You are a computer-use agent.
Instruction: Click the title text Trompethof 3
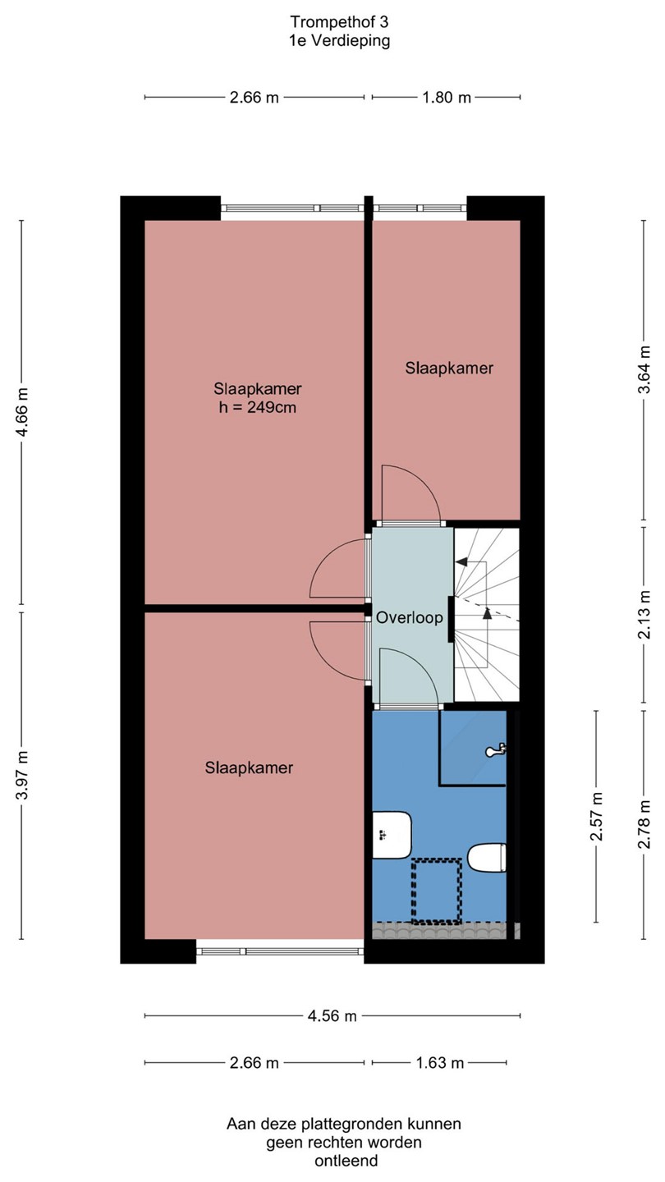[339, 22]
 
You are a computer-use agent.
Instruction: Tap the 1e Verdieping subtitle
[339, 41]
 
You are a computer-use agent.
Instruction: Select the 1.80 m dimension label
[447, 98]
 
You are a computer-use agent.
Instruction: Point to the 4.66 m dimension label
[22, 412]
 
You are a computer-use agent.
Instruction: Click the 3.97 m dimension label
[22, 775]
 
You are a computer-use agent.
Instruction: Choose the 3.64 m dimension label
[644, 369]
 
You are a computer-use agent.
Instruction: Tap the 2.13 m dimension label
[644, 615]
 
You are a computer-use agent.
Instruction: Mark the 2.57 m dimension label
[596, 816]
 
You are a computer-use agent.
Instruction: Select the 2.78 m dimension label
[644, 824]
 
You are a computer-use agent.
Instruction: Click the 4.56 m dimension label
[332, 1016]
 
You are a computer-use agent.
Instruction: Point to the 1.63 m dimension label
[440, 1063]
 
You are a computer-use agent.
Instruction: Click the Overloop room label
[409, 617]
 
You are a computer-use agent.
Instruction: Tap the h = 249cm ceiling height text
[258, 407]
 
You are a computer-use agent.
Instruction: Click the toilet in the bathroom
[487, 858]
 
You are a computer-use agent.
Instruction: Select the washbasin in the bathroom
[392, 836]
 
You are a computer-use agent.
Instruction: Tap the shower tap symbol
[497, 749]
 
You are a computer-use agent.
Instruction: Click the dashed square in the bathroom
[437, 891]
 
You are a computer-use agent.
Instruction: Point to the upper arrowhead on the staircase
[461, 562]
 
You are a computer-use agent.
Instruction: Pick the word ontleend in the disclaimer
[346, 1161]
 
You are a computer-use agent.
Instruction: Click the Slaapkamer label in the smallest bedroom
[449, 369]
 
